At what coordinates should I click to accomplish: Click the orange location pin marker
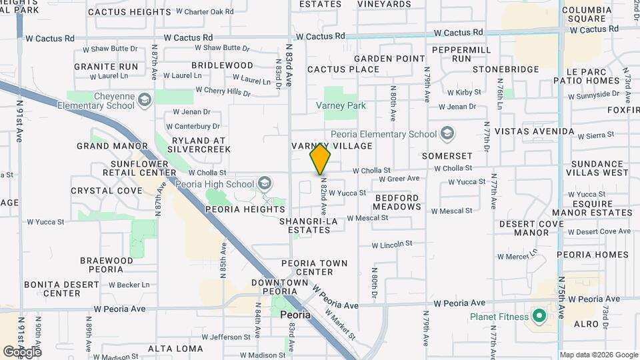(x=321, y=158)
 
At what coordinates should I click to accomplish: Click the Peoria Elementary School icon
(x=447, y=134)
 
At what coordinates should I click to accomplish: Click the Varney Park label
(x=341, y=105)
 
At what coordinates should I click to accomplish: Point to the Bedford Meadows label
(x=397, y=202)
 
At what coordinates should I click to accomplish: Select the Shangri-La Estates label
(x=305, y=225)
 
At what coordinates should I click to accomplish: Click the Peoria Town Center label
(x=315, y=267)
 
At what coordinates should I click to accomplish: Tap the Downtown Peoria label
(x=284, y=287)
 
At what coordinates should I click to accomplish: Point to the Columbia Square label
(x=587, y=14)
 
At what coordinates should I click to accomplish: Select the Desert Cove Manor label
(x=533, y=228)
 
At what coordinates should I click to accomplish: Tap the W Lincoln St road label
(x=391, y=245)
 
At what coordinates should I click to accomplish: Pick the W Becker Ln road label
(x=129, y=285)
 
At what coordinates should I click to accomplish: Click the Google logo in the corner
(x=22, y=351)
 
